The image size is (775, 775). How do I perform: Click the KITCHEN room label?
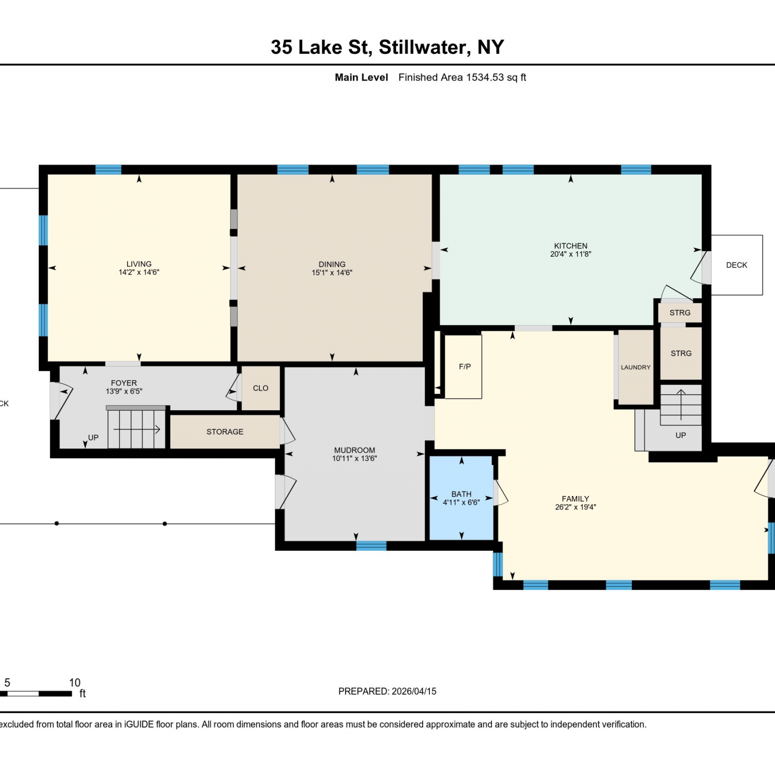tap(570, 246)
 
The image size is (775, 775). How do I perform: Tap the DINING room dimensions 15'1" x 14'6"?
tap(332, 273)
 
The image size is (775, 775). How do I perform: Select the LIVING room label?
tap(139, 264)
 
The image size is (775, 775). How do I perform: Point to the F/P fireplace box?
tap(463, 367)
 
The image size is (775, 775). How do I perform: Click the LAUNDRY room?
tap(636, 367)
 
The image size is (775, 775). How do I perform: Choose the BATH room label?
tap(461, 494)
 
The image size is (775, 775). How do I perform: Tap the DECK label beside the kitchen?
tap(736, 265)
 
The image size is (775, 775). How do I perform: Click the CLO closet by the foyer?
tap(261, 388)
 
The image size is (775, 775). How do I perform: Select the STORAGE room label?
tap(225, 432)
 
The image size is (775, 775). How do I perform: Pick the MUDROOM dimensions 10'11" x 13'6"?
tap(354, 459)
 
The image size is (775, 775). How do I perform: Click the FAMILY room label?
tap(576, 499)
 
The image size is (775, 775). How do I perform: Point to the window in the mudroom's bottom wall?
tap(371, 546)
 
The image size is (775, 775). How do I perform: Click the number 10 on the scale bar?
tap(75, 683)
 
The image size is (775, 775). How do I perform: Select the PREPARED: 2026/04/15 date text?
tap(388, 691)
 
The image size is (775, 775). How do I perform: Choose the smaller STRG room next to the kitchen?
tap(680, 313)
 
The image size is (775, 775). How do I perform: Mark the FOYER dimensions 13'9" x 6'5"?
tap(124, 392)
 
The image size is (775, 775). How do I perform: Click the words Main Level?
tap(361, 78)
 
